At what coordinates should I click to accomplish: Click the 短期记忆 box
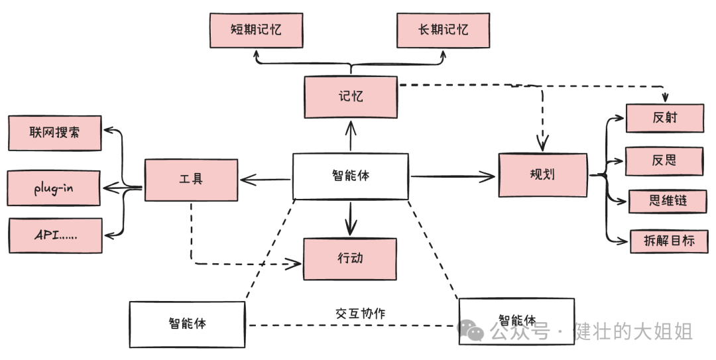tap(256, 30)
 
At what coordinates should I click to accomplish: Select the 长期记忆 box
tap(444, 30)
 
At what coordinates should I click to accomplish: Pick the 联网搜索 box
tap(55, 133)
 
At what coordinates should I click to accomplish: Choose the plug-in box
tap(55, 188)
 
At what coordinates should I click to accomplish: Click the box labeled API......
tap(55, 235)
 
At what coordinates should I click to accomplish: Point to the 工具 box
tap(191, 179)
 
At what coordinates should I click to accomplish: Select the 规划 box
tap(543, 175)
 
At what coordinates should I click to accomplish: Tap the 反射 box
tap(664, 119)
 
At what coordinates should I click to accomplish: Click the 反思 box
tap(664, 161)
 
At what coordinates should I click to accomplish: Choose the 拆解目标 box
tap(669, 241)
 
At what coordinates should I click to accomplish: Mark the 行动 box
tap(349, 259)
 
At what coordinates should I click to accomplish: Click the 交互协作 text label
tap(361, 313)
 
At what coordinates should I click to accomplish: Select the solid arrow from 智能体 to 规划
tap(453, 176)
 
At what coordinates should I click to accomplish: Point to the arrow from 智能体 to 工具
tap(265, 178)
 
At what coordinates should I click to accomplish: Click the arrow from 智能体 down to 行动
tap(350, 217)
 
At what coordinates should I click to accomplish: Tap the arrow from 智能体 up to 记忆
tap(350, 137)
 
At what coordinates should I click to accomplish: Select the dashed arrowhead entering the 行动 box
tap(295, 264)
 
